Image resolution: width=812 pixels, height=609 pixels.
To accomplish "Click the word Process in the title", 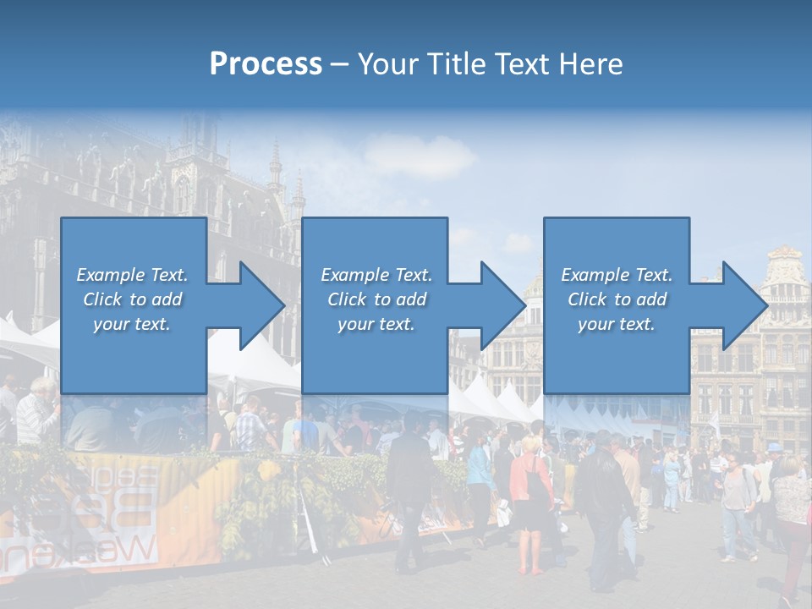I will coord(266,63).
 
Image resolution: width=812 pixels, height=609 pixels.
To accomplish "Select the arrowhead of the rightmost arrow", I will coord(743,305).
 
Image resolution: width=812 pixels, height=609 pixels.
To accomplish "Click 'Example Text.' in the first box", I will coord(132,275).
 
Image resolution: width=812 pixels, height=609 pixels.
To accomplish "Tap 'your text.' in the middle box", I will coord(376,324).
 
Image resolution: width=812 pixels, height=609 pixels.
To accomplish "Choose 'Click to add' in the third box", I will coord(617,299).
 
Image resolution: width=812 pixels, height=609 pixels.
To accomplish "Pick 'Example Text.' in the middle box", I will coord(376,275).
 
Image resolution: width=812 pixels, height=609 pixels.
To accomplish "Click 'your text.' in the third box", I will coord(617,324).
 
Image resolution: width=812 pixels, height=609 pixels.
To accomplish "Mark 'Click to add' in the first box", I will coord(132,299).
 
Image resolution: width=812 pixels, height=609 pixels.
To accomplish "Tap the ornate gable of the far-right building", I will coord(785,271).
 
